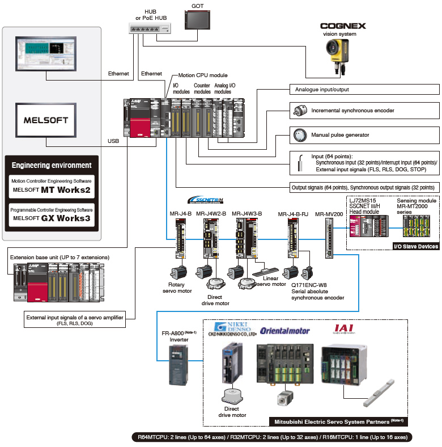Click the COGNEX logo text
pos(343,26)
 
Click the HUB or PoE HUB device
pos(149,29)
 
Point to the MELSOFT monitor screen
pos(45,120)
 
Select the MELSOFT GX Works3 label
pos(52,218)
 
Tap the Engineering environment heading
pos(52,165)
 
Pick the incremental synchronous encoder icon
pos(299,111)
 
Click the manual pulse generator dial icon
pos(299,135)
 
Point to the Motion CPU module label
pos(203,75)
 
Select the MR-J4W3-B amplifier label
pos(246,214)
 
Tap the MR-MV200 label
pos(329,214)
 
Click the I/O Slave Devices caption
pos(416,246)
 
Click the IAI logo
pos(346,328)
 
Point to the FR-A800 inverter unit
pos(179,365)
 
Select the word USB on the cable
pos(113,141)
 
